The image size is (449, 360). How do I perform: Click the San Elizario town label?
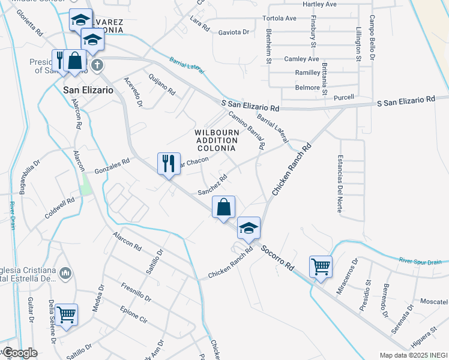pyautogui.click(x=88, y=89)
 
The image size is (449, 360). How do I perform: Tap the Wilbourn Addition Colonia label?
pyautogui.click(x=217, y=140)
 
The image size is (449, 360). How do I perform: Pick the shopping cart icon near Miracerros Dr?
pyautogui.click(x=321, y=266)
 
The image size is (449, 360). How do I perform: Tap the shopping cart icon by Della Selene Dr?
pyautogui.click(x=66, y=314)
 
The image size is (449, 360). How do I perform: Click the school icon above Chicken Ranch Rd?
pyautogui.click(x=249, y=228)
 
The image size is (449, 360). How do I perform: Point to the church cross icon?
pyautogui.click(x=97, y=64)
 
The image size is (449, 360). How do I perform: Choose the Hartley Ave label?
pyautogui.click(x=320, y=4)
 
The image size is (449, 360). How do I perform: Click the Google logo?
pyautogui.click(x=19, y=353)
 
